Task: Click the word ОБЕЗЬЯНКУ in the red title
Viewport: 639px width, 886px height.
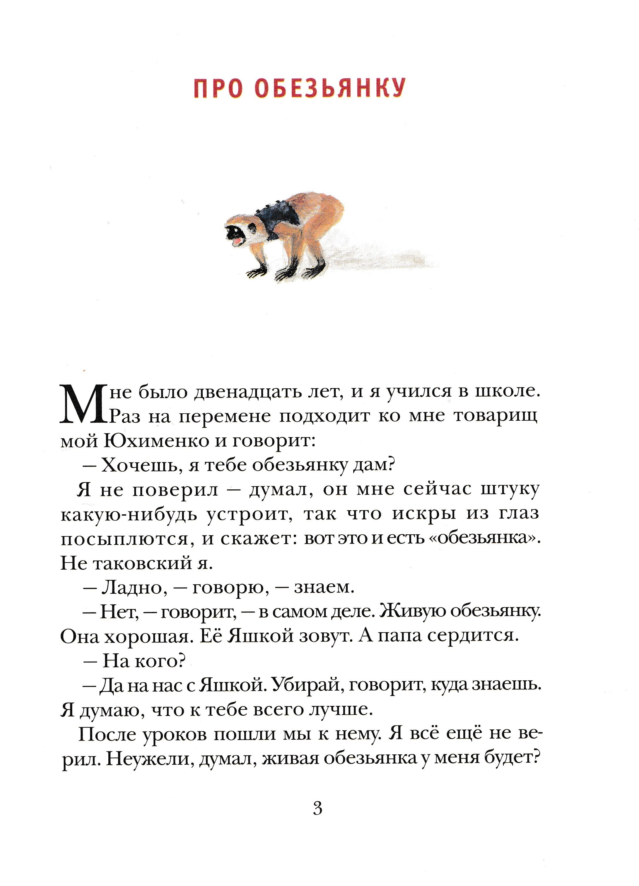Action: click(x=330, y=88)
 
